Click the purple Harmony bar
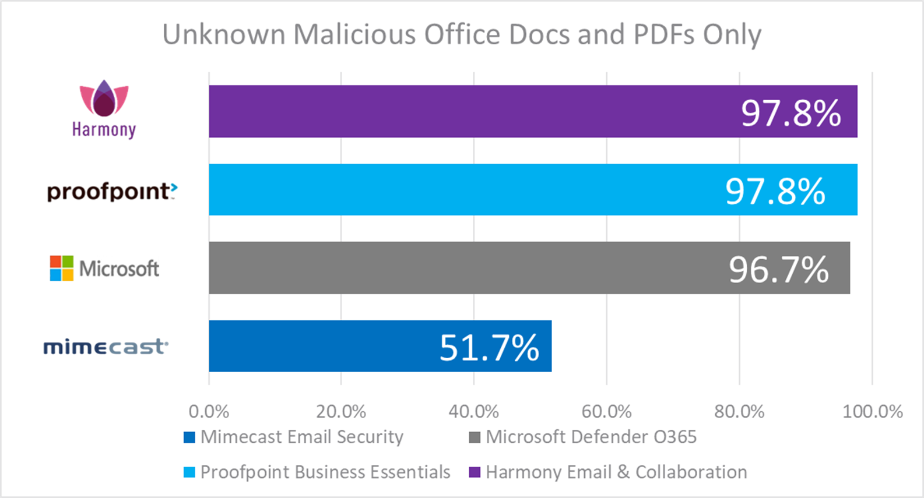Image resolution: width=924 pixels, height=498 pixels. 466,111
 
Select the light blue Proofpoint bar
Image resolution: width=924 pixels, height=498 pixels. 466,190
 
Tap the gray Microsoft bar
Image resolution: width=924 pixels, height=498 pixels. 466,268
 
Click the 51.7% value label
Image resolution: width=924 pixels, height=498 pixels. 489,348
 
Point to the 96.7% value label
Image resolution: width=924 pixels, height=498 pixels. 778,270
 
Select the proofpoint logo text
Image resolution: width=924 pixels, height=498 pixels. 111,191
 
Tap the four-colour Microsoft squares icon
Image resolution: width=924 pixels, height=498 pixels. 62,268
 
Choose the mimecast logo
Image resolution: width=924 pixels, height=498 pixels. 106,347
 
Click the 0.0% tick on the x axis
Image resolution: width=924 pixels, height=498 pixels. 209,412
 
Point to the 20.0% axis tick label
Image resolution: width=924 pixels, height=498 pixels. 341,412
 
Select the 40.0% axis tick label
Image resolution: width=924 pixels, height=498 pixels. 473,412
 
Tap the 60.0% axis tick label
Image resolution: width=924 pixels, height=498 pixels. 606,412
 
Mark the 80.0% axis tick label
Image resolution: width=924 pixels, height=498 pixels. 739,412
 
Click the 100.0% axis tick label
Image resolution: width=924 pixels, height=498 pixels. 872,412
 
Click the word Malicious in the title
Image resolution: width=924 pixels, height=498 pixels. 355,34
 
